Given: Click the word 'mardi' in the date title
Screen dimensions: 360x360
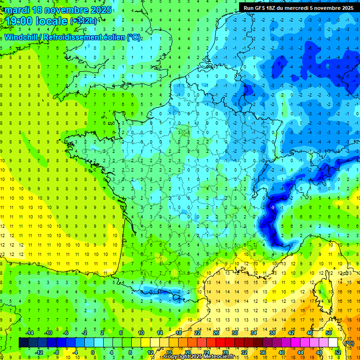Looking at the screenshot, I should click(15, 9).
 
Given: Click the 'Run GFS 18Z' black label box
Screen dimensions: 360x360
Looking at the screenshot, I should click(299, 8).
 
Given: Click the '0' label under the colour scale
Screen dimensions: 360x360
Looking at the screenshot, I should click(93, 352).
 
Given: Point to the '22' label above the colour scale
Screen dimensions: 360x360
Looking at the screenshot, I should click(197, 332).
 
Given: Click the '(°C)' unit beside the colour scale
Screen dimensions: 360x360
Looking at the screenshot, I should click(349, 343).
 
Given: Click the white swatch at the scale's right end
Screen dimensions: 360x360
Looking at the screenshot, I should click(333, 343).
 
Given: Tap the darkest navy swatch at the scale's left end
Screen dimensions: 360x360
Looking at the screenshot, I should click(23, 343).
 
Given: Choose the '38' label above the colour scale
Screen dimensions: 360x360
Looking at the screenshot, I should click(272, 332).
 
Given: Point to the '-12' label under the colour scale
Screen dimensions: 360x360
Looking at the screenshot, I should click(39, 352).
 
